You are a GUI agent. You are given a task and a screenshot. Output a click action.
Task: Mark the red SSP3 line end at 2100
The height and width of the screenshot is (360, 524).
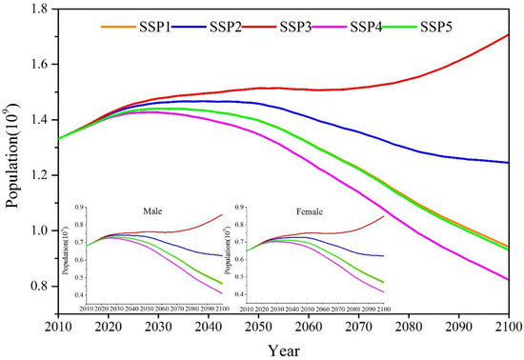(x=507, y=34)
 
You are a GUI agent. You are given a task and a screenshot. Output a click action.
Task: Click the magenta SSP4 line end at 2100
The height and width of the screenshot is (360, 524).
(x=507, y=279)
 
